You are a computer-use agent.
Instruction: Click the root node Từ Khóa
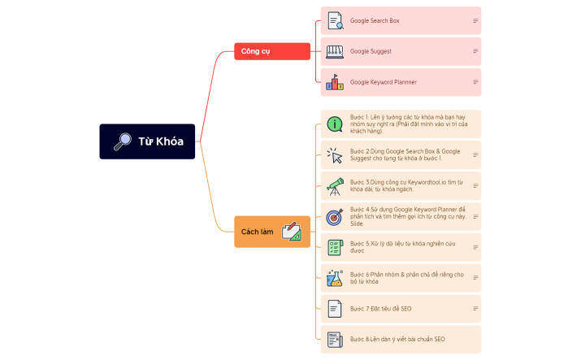point(147,141)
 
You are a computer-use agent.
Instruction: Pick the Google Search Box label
point(375,20)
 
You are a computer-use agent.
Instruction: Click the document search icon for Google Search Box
point(334,20)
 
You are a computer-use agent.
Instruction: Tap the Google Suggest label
point(371,51)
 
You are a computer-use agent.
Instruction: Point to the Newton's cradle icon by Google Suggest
point(334,51)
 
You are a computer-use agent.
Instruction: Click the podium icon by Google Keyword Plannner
point(334,82)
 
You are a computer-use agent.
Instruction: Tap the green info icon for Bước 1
point(334,124)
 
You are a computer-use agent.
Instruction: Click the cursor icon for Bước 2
point(334,154)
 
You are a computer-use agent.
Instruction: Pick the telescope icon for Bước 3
point(334,185)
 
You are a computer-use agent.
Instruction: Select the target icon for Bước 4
point(334,217)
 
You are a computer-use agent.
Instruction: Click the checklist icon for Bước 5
point(334,247)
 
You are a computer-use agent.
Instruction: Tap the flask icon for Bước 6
point(334,278)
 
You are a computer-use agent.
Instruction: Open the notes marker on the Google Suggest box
point(475,51)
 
